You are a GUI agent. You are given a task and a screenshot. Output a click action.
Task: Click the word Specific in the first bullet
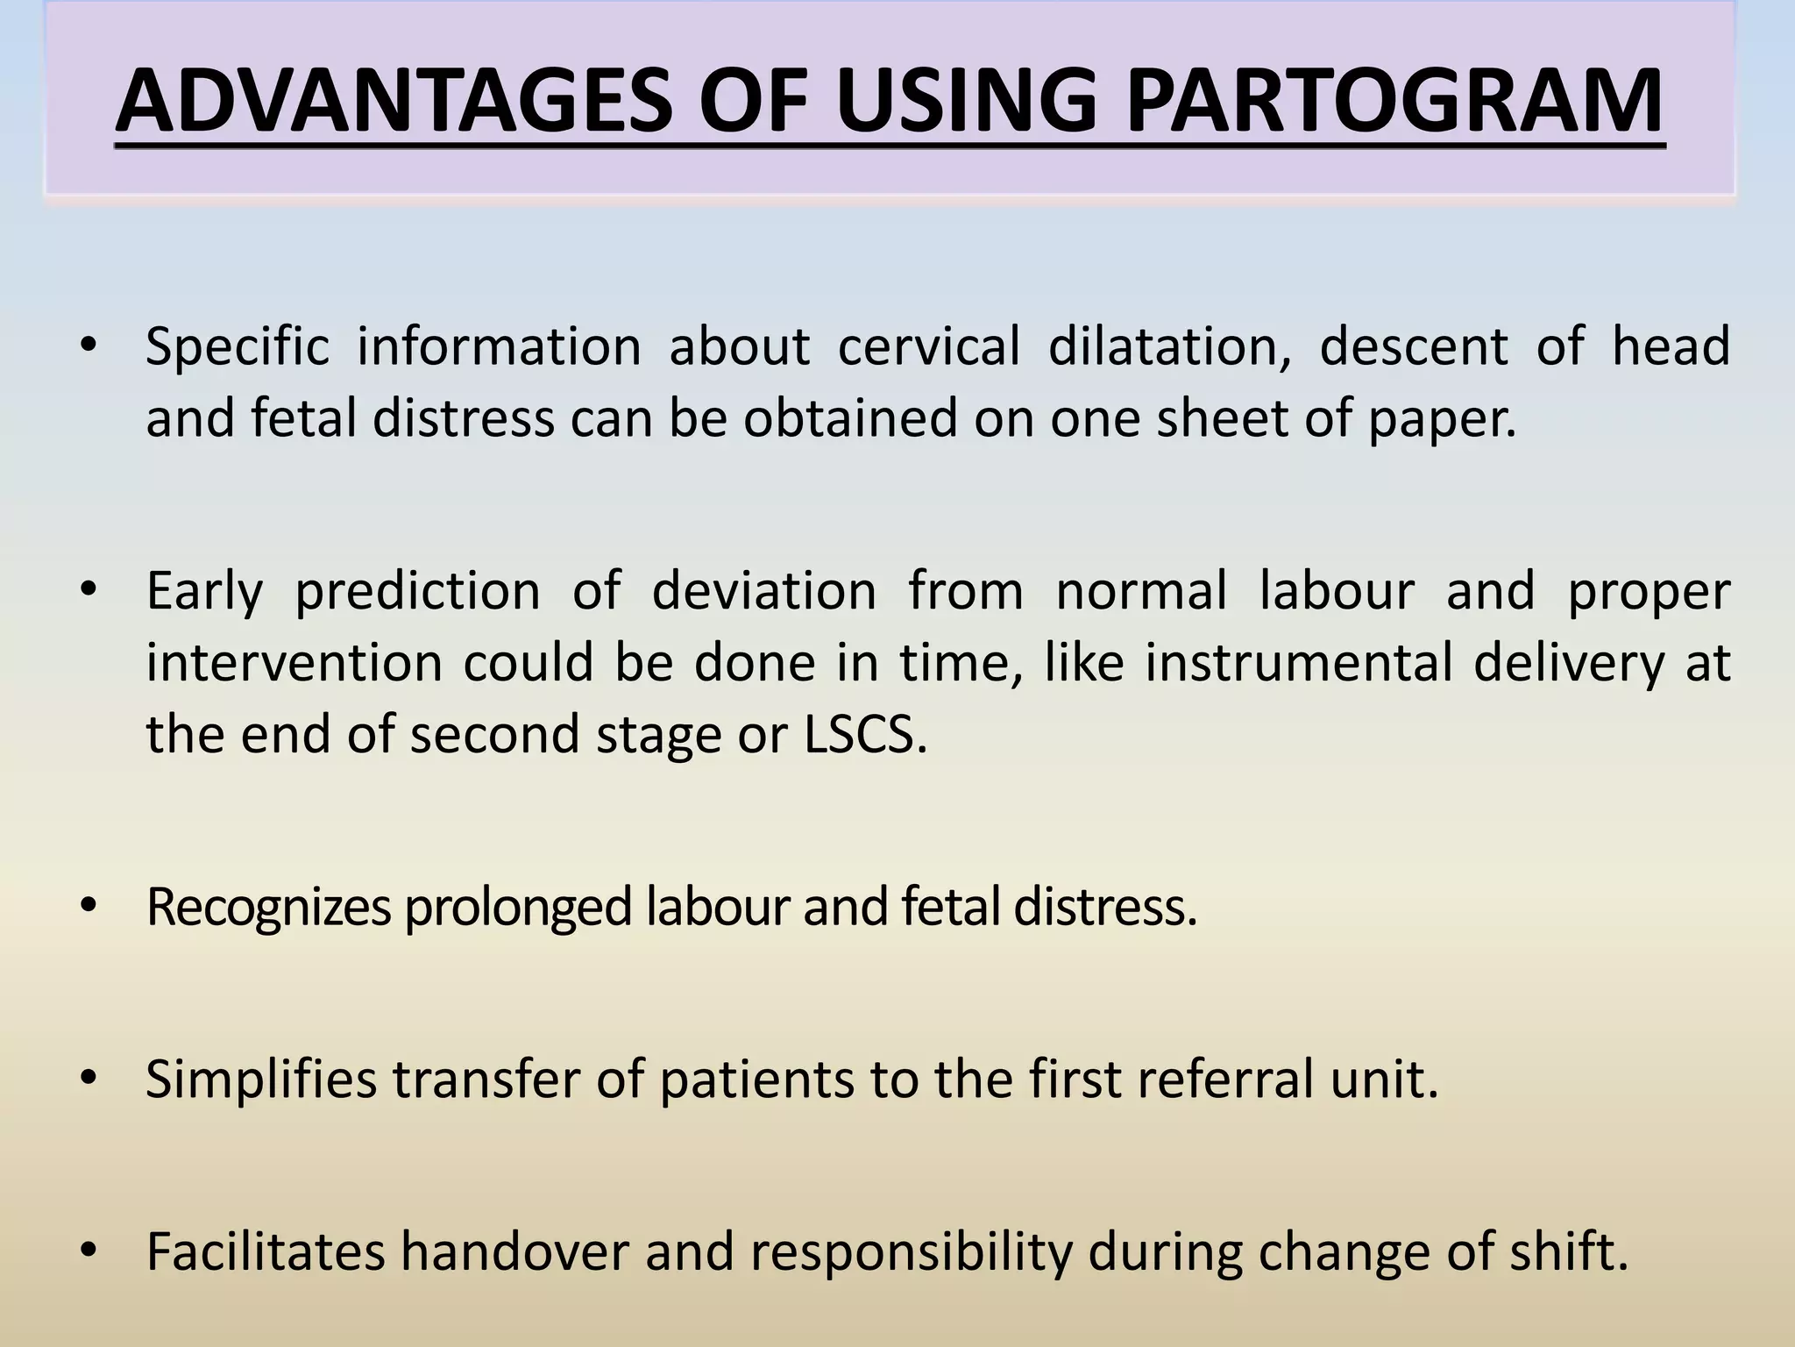(x=237, y=346)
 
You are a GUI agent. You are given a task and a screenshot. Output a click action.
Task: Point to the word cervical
(x=928, y=346)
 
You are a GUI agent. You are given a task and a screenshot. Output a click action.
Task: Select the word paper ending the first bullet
(x=1437, y=419)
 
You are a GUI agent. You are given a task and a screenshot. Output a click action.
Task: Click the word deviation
(x=763, y=590)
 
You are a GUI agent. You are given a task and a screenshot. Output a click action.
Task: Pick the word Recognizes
(x=267, y=909)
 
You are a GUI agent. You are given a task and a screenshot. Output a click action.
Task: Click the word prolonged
(x=518, y=909)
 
